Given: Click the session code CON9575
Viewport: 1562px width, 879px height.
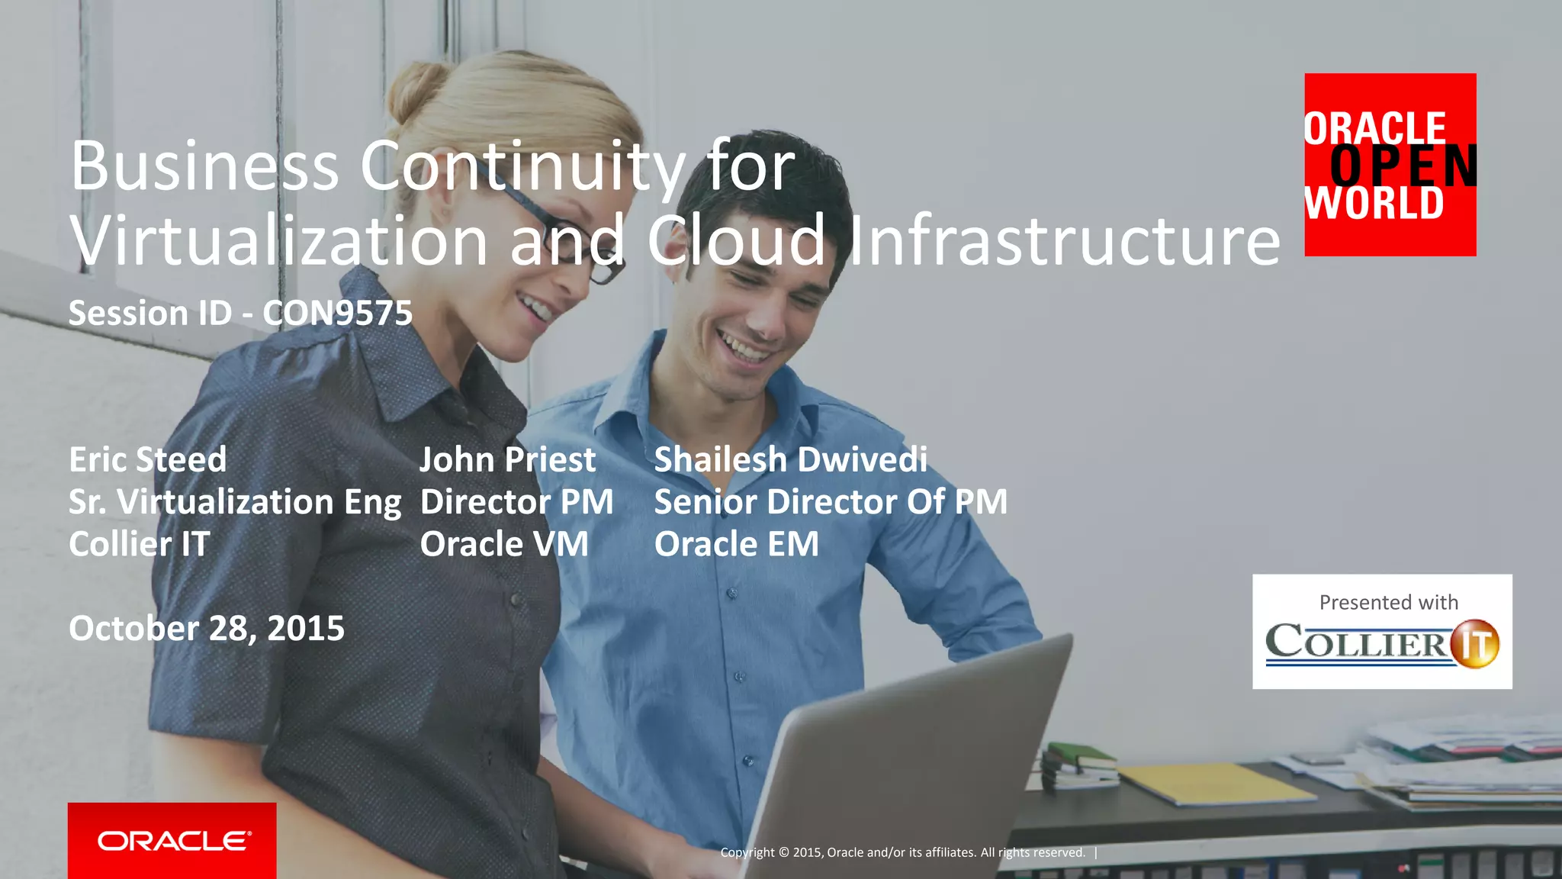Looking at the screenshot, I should (x=337, y=314).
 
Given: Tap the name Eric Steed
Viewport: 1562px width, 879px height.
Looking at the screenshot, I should (x=148, y=460).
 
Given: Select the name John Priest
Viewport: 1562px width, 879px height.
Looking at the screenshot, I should (x=507, y=460).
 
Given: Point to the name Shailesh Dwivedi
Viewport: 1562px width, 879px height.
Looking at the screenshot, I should (x=791, y=460).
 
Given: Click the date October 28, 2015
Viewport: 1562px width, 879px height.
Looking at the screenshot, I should (x=207, y=629).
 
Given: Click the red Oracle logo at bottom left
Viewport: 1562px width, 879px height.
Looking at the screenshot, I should (x=172, y=840).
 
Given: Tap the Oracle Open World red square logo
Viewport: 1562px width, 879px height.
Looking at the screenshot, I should (x=1390, y=165).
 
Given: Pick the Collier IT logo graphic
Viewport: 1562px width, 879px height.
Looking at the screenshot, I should (x=1381, y=643).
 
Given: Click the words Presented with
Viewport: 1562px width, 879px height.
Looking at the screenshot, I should (x=1388, y=603).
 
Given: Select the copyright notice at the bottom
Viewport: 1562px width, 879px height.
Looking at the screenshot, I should (x=903, y=852).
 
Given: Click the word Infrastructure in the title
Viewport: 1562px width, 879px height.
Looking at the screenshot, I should (x=1065, y=240).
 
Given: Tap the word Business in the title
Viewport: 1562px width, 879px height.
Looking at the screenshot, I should (x=204, y=166).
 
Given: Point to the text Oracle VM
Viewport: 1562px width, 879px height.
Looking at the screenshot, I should (x=504, y=545).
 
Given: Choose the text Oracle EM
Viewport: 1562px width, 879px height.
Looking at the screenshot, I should (x=737, y=545).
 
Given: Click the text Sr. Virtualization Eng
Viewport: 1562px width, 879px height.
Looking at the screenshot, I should (x=235, y=503).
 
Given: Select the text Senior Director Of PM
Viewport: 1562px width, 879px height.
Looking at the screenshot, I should (x=831, y=503).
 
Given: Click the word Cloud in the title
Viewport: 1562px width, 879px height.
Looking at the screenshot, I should (x=737, y=240).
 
